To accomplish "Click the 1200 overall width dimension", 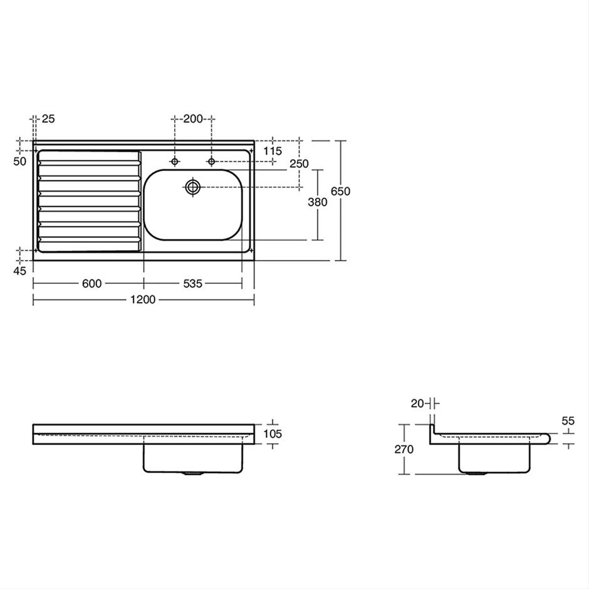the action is [143, 300].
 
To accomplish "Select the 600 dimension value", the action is [91, 283].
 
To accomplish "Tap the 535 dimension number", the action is [193, 283].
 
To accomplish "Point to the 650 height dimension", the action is [340, 191].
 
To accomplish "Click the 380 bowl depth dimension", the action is [318, 202].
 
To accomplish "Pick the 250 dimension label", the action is [299, 164].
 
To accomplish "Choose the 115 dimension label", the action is [273, 151].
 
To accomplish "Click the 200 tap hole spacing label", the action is [193, 119].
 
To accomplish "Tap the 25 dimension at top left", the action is [48, 118].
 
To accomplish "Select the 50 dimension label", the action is [20, 161].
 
